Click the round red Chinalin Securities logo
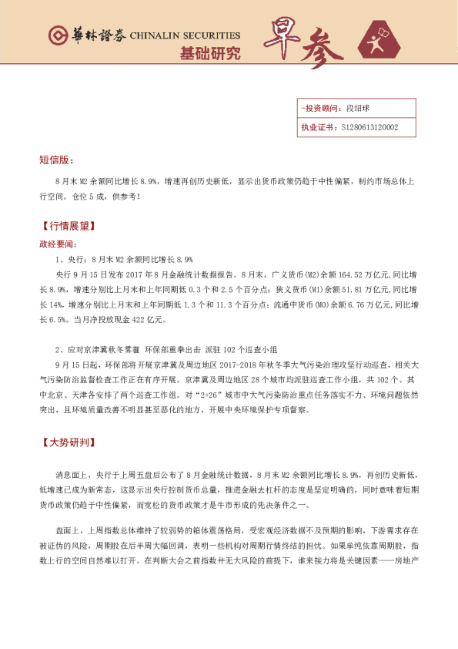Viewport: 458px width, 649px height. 57,36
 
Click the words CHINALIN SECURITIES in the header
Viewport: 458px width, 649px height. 186,36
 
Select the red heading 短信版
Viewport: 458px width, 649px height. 57,160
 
